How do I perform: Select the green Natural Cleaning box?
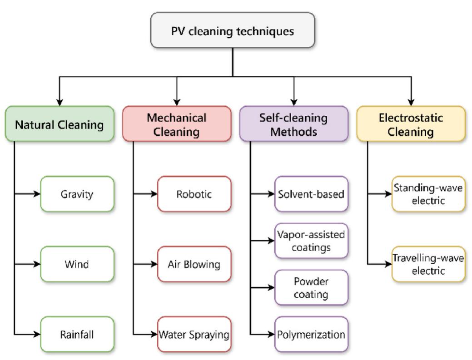(x=58, y=124)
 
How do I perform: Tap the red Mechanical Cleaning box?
(x=176, y=124)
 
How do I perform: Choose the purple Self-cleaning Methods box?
(x=294, y=124)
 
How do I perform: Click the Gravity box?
(x=77, y=194)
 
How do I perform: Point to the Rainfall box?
(x=77, y=335)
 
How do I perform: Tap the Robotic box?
(x=194, y=194)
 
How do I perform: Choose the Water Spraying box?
(x=194, y=335)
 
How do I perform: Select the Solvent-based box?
(x=312, y=194)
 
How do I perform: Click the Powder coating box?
(x=312, y=288)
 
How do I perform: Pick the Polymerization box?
(x=312, y=335)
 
